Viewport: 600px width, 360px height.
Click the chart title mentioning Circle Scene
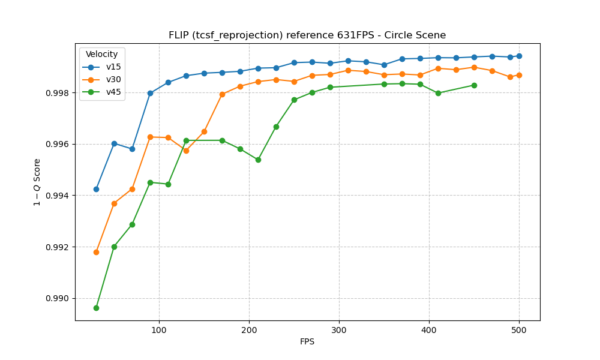click(307, 35)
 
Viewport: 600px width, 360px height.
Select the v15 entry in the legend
click(113, 67)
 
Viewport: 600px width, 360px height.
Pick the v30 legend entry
click(113, 79)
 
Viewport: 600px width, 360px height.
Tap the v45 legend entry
click(113, 92)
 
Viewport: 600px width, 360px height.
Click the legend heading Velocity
click(101, 55)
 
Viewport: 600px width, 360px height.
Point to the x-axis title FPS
click(307, 342)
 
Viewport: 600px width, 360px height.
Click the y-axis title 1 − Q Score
click(37, 182)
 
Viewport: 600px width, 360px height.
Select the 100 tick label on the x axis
click(159, 330)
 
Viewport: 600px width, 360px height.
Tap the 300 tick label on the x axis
click(339, 330)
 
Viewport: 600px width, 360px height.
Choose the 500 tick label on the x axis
click(519, 330)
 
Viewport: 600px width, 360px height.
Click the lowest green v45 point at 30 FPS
click(96, 308)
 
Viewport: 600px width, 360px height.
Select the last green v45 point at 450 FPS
click(474, 85)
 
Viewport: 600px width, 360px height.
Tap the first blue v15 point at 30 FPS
click(96, 189)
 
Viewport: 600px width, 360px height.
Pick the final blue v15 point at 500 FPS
click(519, 56)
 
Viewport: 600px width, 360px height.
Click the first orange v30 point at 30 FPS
click(96, 252)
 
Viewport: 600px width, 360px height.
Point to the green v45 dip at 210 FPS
click(258, 160)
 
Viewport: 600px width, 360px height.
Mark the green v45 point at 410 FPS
click(438, 93)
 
